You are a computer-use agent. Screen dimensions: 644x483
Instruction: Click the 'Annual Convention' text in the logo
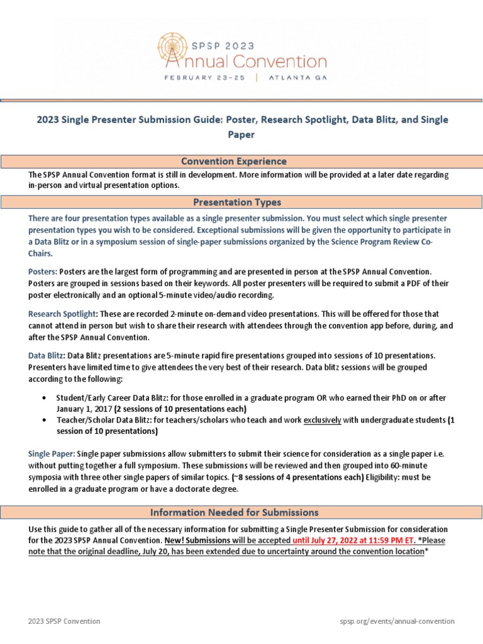(x=247, y=61)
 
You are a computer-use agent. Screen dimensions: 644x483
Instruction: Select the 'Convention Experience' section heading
(x=242, y=161)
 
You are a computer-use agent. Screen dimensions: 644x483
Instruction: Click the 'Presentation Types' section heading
(x=242, y=202)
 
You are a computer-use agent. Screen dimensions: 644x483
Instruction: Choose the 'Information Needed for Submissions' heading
(x=242, y=512)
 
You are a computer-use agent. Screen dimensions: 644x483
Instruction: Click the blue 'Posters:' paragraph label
(x=43, y=272)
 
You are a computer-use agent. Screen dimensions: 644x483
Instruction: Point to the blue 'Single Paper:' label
(x=52, y=453)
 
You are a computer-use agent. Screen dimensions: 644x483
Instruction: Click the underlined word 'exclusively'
(x=322, y=420)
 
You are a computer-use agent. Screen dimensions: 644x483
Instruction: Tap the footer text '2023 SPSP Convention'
(x=64, y=621)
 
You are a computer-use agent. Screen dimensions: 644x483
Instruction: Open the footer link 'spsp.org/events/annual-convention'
(x=396, y=621)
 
